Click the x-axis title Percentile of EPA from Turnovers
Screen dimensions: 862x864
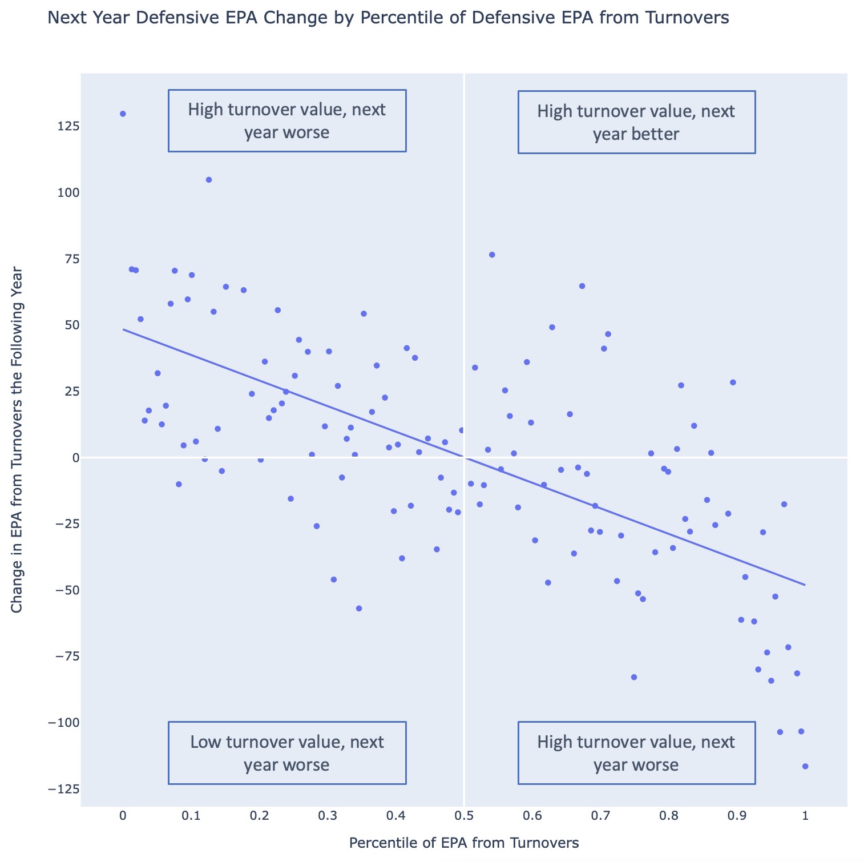click(x=463, y=843)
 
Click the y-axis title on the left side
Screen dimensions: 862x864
click(x=17, y=440)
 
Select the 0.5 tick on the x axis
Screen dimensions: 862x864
click(x=464, y=815)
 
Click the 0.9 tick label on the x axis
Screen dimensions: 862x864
click(x=737, y=815)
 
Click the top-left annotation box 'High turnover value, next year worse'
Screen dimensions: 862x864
click(x=287, y=120)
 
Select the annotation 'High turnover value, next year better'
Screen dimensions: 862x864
click(x=636, y=122)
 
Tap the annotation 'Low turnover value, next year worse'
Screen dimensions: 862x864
click(x=287, y=753)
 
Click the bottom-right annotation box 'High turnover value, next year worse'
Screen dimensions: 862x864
click(x=636, y=753)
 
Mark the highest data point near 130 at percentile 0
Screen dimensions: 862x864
click(x=123, y=114)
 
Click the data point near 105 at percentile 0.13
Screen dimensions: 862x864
click(x=209, y=180)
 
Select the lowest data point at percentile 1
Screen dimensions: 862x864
click(x=805, y=766)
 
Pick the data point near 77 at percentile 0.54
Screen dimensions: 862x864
click(x=492, y=255)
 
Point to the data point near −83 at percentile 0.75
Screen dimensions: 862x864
click(x=633, y=677)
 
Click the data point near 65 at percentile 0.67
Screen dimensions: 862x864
click(x=582, y=286)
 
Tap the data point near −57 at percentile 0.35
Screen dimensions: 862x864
click(x=359, y=609)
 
